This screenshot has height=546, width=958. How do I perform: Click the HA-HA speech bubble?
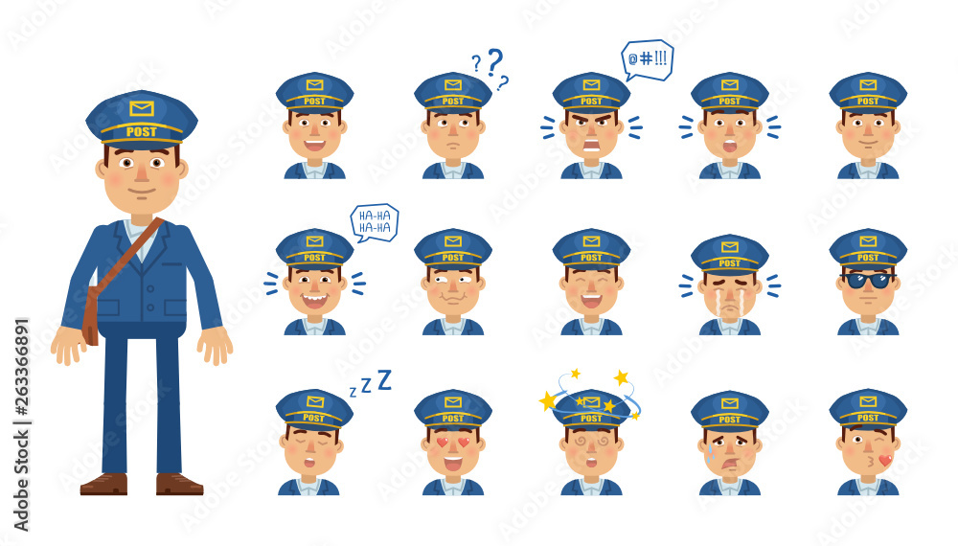(x=374, y=221)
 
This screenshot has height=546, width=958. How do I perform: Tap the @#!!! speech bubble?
(x=647, y=58)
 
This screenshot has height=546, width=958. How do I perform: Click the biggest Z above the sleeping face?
(x=384, y=379)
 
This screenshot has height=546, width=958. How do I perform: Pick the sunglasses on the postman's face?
(x=868, y=280)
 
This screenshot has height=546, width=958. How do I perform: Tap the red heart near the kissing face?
(x=885, y=460)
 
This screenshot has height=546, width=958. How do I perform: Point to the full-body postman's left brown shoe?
(x=103, y=484)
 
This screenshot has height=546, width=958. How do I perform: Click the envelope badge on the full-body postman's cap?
(x=142, y=108)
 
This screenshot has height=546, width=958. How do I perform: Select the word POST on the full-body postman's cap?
(x=142, y=132)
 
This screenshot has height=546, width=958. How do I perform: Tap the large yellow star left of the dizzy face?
(x=548, y=400)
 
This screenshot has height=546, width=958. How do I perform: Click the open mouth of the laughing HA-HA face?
(x=314, y=300)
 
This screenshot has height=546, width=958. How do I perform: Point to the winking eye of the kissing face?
(x=879, y=442)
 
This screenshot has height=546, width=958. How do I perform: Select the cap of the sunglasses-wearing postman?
(x=868, y=247)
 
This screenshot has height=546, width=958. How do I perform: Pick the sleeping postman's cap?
(x=314, y=408)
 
